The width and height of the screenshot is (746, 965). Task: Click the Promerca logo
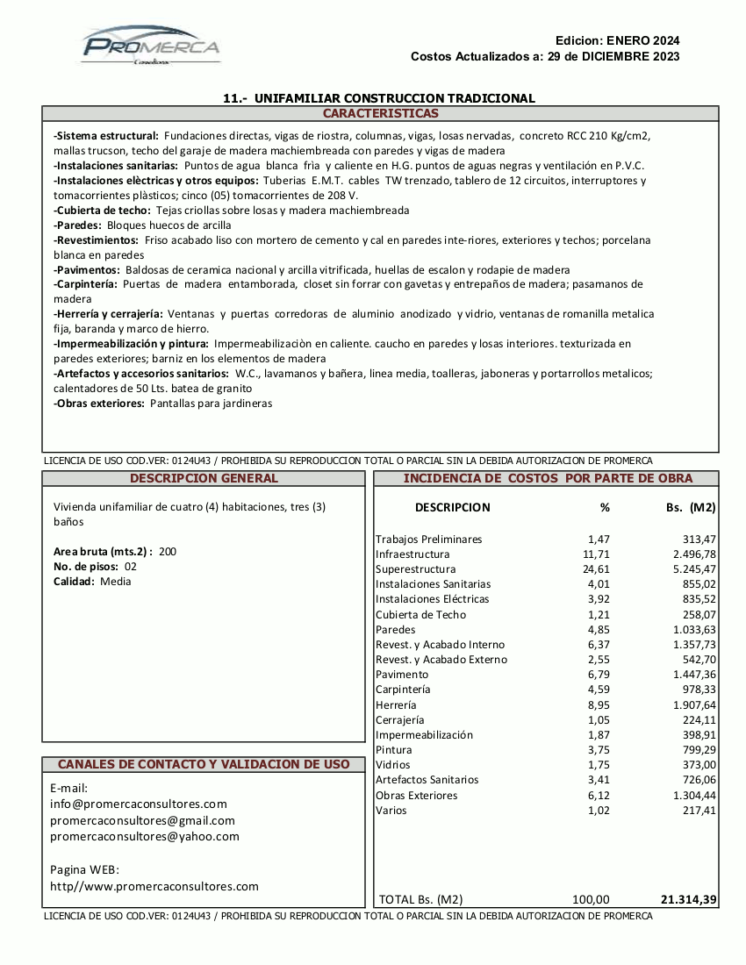tap(151, 45)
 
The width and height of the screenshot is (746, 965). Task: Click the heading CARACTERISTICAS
tap(380, 114)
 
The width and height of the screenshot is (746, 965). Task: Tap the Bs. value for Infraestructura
tap(692, 554)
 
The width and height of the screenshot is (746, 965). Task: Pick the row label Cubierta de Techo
tap(420, 615)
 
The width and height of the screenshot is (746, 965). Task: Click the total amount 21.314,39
tap(688, 899)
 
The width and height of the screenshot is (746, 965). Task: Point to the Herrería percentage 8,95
tap(599, 705)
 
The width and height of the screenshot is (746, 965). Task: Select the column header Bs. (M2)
tap(691, 507)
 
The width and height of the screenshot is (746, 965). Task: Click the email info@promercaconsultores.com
tap(139, 804)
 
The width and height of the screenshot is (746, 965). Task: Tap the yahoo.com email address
tap(145, 836)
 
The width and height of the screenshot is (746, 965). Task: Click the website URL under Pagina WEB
tap(154, 886)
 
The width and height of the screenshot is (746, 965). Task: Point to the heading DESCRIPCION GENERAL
tap(204, 478)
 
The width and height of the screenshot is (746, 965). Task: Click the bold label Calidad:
tap(75, 582)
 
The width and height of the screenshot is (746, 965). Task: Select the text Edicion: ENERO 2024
tap(617, 40)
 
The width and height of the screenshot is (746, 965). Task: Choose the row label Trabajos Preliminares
tap(428, 540)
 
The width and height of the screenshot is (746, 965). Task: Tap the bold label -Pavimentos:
tap(87, 269)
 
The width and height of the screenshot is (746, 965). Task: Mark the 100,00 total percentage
tap(591, 899)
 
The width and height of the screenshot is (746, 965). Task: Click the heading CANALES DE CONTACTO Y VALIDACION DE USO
tap(204, 764)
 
